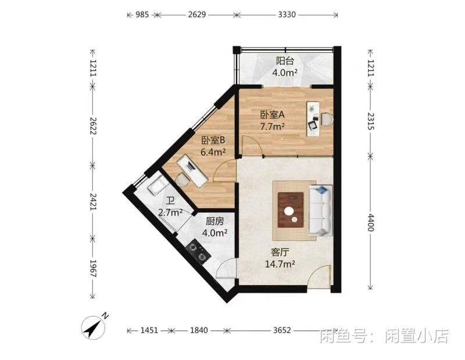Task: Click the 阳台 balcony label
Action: click(285, 61)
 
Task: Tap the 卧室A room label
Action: click(272, 114)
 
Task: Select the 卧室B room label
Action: click(213, 140)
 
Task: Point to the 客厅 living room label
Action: click(280, 253)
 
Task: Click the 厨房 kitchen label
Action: click(214, 221)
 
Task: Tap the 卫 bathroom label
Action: click(170, 201)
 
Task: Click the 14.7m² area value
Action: click(280, 264)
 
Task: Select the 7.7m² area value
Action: click(272, 127)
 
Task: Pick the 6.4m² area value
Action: click(213, 152)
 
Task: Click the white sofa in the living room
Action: click(321, 210)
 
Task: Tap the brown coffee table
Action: click(291, 210)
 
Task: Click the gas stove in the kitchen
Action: click(198, 252)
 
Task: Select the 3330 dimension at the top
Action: click(287, 14)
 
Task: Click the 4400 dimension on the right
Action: click(371, 222)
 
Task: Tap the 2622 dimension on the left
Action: click(94, 125)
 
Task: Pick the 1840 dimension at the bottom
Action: click(199, 330)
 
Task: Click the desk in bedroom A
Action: click(313, 119)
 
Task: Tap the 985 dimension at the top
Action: click(142, 14)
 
